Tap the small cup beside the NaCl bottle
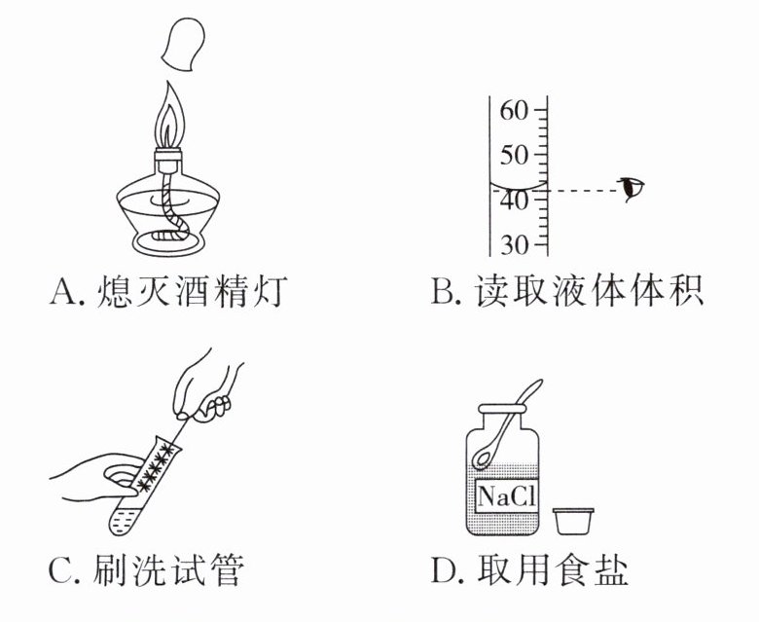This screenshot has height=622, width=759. tap(575, 521)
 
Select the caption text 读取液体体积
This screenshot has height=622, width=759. tap(589, 291)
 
